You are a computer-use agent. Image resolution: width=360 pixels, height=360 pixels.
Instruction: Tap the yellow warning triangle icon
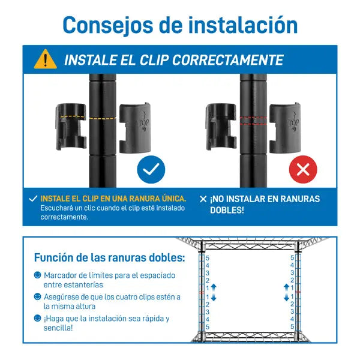pos(45,59)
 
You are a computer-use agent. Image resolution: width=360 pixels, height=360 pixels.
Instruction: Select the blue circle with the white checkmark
pos(151,170)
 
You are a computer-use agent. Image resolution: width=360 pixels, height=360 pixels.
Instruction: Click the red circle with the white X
pos(303,170)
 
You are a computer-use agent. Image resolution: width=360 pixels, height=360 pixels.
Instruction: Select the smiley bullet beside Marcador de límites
pos(38,275)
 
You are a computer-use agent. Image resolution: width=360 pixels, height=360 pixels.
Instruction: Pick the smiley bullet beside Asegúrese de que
pos(38,296)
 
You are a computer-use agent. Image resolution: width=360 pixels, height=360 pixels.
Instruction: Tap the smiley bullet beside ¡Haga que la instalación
pos(38,318)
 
